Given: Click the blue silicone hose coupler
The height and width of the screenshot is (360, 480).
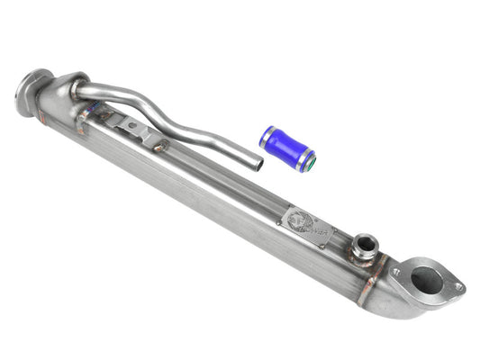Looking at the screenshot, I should pyautogui.click(x=287, y=148).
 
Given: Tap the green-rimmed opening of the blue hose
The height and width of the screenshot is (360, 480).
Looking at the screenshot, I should pyautogui.click(x=310, y=160).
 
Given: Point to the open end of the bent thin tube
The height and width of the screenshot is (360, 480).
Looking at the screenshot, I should pyautogui.click(x=258, y=165).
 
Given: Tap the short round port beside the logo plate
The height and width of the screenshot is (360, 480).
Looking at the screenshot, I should pyautogui.click(x=364, y=245).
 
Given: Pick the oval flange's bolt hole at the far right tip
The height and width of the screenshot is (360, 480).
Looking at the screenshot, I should pyautogui.click(x=457, y=287).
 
